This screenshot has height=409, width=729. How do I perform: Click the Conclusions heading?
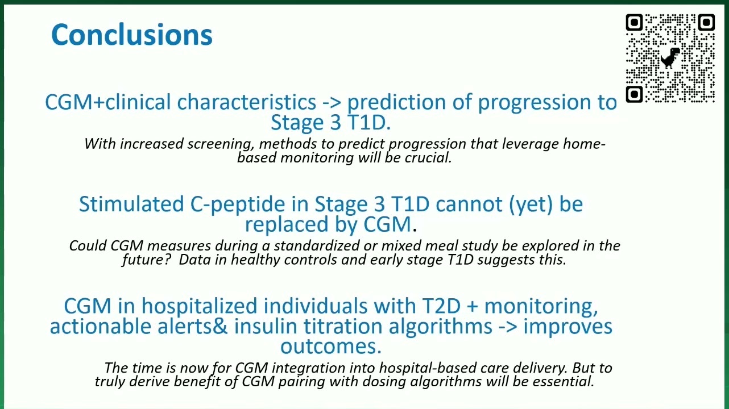click(132, 35)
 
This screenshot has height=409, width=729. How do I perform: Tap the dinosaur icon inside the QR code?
click(670, 58)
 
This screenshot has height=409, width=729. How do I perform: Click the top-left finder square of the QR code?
click(634, 22)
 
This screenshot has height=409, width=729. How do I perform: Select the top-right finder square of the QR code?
click(706, 22)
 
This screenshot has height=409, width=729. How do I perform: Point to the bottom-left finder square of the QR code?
click(634, 94)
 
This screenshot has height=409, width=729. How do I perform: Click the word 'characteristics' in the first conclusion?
click(246, 102)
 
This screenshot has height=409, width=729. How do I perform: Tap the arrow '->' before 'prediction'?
click(332, 103)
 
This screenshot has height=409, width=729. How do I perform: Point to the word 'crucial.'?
click(428, 158)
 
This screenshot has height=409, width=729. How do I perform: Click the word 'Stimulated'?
click(131, 204)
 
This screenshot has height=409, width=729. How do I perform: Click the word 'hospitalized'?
click(199, 307)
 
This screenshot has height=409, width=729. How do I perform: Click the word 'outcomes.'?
click(331, 347)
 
